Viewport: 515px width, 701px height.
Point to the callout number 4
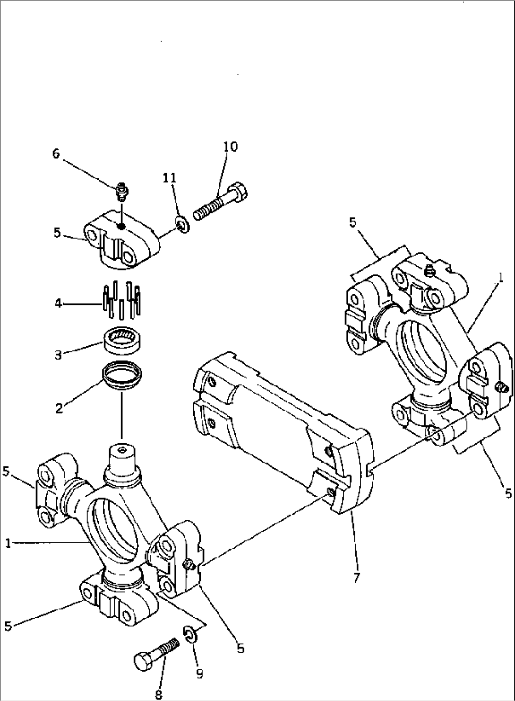pos(58,303)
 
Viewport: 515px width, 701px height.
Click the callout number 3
pos(58,355)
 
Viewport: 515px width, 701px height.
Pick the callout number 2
pos(59,408)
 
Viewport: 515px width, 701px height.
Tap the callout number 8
pos(158,694)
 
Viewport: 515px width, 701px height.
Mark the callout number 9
pos(199,674)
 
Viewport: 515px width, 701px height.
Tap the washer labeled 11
pos(183,223)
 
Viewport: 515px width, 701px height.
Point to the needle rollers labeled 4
pos(122,301)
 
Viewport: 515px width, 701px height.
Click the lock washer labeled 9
pos(189,634)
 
